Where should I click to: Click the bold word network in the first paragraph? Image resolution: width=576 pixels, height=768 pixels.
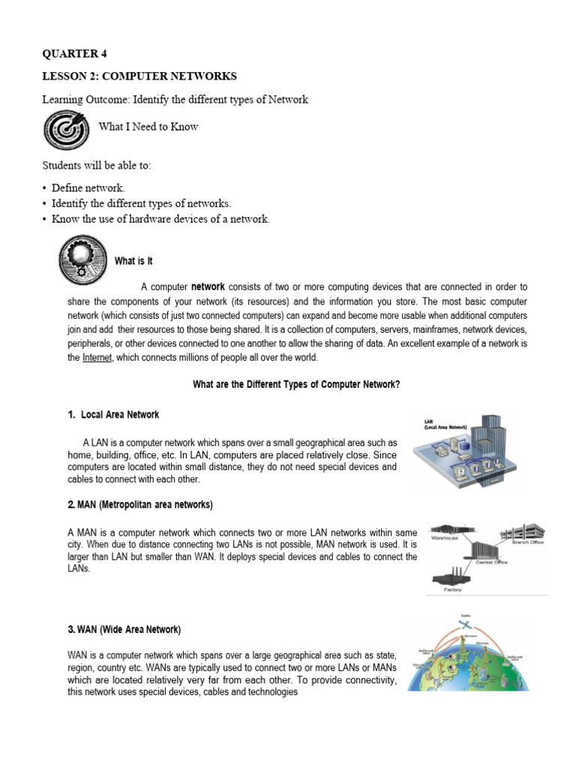coord(208,286)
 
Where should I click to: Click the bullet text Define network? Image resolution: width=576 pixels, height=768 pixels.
coord(88,187)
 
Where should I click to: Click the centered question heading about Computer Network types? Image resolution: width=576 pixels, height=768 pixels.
coord(296,384)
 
